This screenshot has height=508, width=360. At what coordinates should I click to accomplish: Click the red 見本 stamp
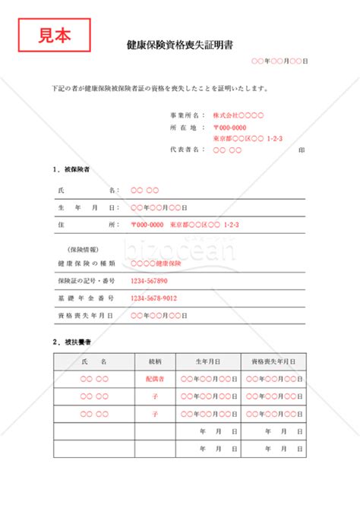pos(54,33)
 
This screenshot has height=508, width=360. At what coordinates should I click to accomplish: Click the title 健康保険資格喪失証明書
pos(180,46)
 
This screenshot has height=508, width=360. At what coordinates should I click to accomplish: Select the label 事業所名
pos(188,115)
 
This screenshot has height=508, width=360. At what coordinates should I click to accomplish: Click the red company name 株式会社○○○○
pos(238,115)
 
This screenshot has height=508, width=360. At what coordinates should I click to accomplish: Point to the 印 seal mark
pos(302,150)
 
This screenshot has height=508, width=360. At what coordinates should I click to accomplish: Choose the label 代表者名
pos(188,150)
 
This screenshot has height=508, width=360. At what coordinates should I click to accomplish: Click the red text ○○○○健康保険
pos(156,263)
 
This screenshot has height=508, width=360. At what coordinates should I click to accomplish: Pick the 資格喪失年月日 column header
pos(273,361)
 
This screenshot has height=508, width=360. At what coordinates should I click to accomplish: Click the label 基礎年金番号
pos(86,298)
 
